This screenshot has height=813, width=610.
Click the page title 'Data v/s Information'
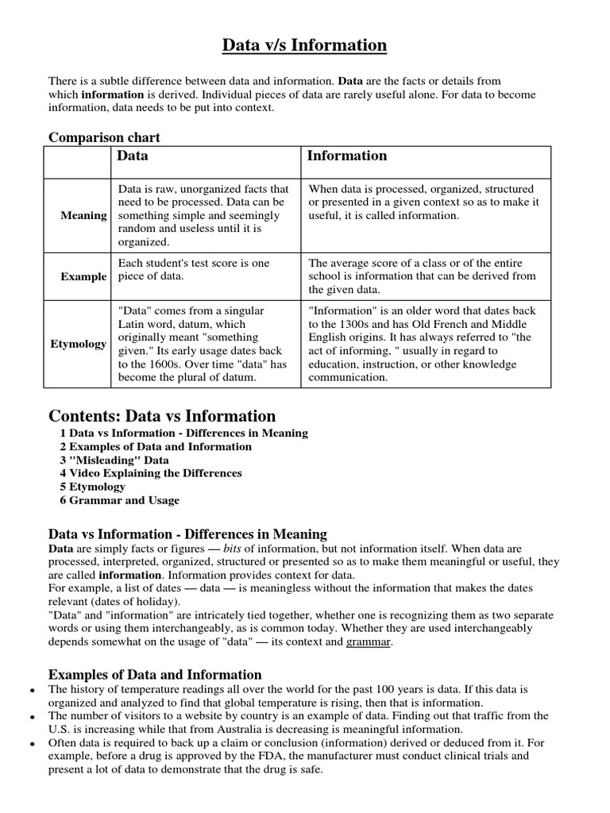pos(304,46)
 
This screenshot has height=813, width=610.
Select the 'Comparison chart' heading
pos(104,137)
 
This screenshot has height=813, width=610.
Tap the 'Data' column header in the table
pos(133,156)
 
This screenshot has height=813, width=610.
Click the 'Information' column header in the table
pos(347,156)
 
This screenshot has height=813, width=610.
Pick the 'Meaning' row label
pos(83,215)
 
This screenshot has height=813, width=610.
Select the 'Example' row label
pos(83,276)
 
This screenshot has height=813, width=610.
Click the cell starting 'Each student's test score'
pos(194,269)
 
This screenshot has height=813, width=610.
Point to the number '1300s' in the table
pos(338,324)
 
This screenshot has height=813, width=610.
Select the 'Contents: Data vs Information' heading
pos(162,416)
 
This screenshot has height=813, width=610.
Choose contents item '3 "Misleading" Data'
pos(114,460)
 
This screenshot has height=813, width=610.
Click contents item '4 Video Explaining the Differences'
pos(151,473)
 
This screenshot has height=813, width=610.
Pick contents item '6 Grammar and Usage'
pos(119,500)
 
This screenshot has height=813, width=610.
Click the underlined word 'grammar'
pos(368,642)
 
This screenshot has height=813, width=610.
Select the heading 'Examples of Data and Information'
pos(155,674)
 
